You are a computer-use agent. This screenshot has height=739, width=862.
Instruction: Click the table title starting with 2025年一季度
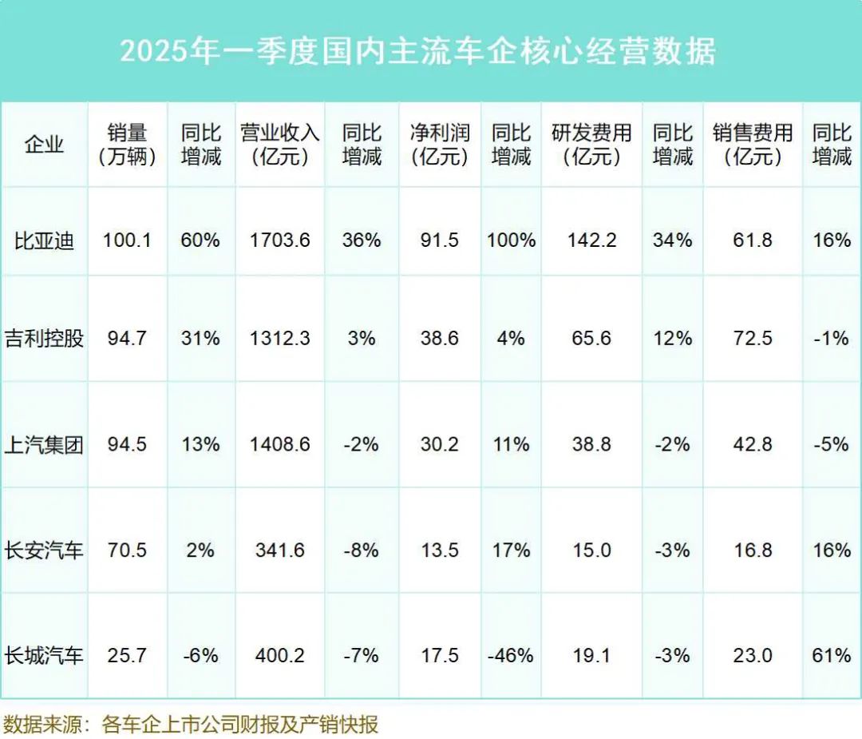(x=417, y=51)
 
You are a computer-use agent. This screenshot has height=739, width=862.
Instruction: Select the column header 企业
(x=44, y=145)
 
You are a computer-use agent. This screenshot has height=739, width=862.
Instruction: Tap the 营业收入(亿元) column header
(x=280, y=145)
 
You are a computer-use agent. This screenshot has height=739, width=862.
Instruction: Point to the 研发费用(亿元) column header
(x=591, y=145)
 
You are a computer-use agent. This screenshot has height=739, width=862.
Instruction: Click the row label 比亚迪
(x=44, y=240)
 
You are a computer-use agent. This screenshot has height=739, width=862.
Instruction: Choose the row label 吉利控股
(x=44, y=338)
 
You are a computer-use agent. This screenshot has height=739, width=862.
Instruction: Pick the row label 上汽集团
(x=44, y=443)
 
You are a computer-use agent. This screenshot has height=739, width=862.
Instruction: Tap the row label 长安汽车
(x=44, y=550)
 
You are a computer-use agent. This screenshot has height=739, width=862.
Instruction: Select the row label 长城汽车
(x=44, y=656)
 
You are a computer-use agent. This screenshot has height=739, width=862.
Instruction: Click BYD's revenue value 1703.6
(x=280, y=240)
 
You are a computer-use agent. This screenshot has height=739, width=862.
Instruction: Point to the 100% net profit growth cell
(x=512, y=240)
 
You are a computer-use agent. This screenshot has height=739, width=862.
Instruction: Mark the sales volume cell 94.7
(x=127, y=338)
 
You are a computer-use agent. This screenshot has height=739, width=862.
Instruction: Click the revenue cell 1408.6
(x=280, y=443)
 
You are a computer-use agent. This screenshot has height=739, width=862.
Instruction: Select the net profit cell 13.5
(x=440, y=550)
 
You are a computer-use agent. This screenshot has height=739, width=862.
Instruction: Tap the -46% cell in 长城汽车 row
(x=511, y=656)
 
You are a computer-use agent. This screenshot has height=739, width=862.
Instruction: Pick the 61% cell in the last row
(x=832, y=656)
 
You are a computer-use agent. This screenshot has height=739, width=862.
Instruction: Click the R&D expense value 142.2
(x=591, y=240)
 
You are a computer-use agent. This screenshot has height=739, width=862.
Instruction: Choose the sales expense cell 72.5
(x=753, y=338)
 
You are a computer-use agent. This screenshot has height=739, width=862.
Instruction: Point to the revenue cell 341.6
(x=280, y=550)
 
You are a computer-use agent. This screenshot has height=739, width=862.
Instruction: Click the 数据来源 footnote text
(x=191, y=725)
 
